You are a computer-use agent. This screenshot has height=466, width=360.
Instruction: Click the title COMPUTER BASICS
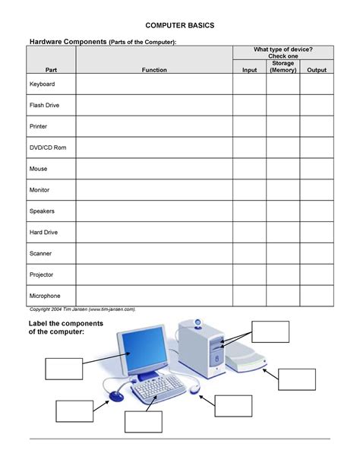pos(180,25)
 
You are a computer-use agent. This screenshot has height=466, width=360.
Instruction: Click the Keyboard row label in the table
pos(42,84)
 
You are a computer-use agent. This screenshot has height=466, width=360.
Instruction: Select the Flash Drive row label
pos(44,105)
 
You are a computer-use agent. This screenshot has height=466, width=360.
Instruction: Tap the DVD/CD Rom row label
pos(48,147)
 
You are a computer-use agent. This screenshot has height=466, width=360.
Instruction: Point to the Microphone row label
pos(45,295)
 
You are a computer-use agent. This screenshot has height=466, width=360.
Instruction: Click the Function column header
pos(154,70)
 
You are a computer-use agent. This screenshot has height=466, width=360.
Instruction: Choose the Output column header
pos(316,70)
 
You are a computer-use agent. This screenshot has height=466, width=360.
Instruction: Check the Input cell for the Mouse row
pos(249,168)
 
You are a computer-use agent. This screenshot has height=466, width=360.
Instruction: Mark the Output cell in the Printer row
pos(316,126)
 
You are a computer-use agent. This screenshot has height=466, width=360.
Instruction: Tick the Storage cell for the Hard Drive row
pos(283,232)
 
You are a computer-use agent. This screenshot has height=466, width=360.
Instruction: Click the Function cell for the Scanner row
pos(154,253)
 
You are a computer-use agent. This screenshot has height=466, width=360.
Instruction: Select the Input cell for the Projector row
pos(249,274)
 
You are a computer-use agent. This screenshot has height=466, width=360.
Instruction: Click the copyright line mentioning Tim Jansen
pos(82,309)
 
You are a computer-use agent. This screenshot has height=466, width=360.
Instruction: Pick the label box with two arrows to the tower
pos(270,331)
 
